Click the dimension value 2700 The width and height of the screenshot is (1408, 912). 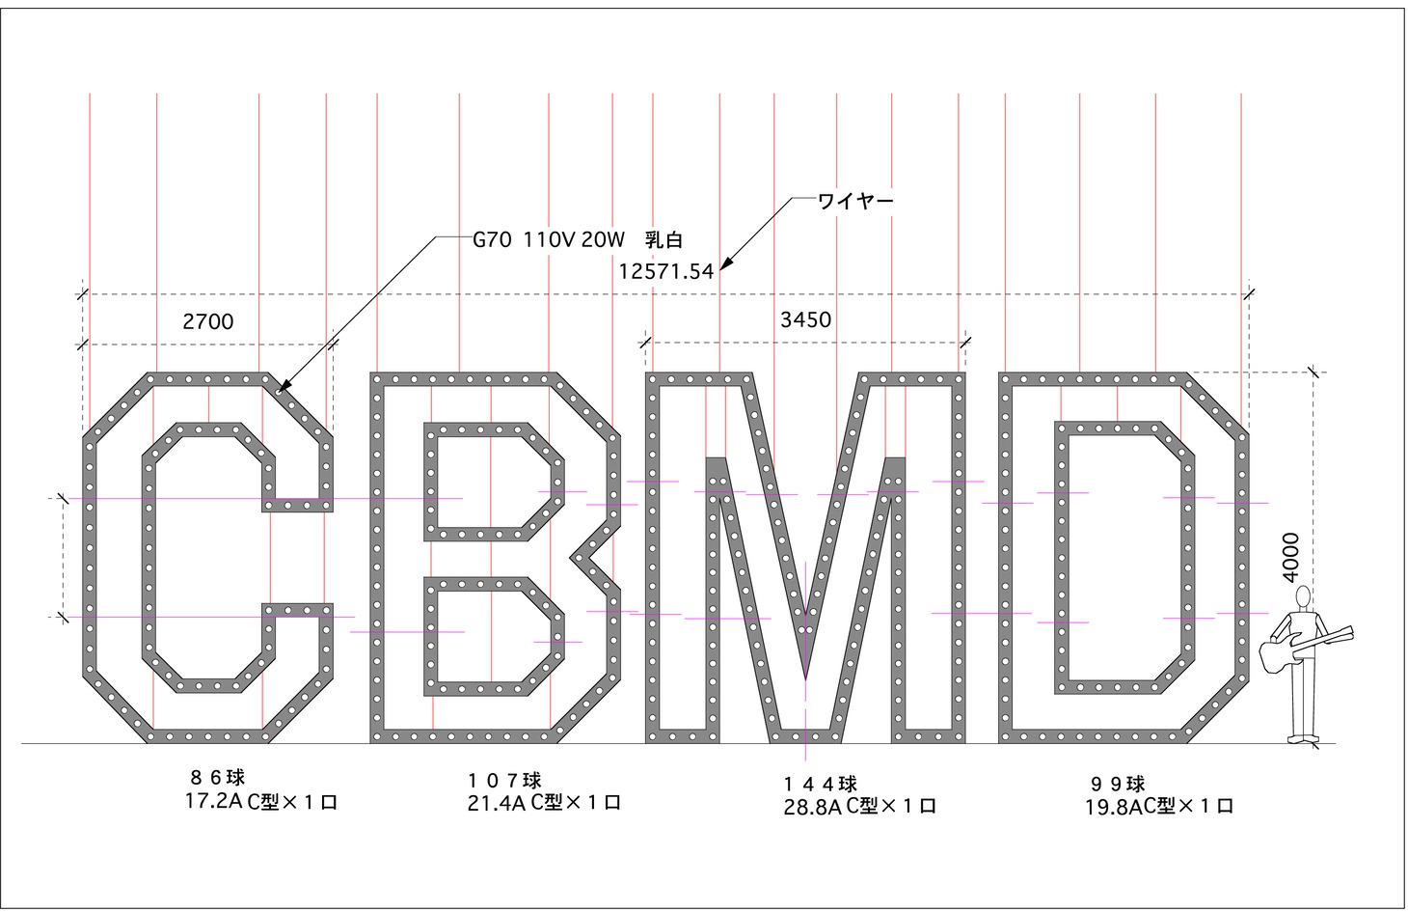click(x=208, y=321)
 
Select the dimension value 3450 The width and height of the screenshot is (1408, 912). click(x=805, y=319)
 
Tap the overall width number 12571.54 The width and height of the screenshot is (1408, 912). click(x=666, y=271)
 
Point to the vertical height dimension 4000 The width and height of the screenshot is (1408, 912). click(x=1291, y=557)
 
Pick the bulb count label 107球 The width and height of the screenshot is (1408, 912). click(x=506, y=780)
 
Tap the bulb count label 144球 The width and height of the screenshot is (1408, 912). click(x=820, y=784)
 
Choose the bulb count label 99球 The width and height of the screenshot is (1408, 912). click(x=1118, y=784)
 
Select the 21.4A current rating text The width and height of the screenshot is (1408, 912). click(x=494, y=803)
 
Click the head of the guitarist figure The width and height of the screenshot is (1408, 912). click(x=1304, y=595)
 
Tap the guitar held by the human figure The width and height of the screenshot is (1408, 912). click(x=1302, y=647)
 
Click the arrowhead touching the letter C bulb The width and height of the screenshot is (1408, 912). click(x=283, y=390)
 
